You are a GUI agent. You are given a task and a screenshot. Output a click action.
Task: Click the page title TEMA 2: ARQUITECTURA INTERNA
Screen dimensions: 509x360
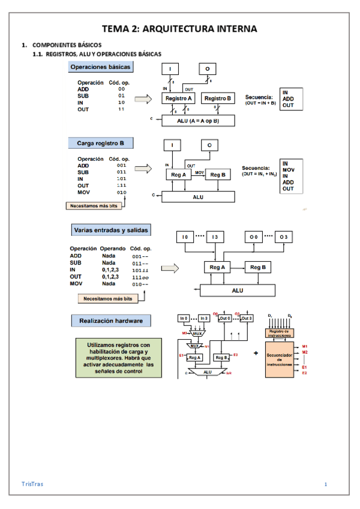(x=179, y=28)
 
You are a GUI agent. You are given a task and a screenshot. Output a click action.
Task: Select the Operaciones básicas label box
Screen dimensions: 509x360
(x=100, y=67)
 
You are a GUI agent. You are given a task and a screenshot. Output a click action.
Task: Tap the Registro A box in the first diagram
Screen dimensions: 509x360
(x=178, y=98)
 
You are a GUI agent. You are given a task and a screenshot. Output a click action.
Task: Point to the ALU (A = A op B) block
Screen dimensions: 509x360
(x=199, y=120)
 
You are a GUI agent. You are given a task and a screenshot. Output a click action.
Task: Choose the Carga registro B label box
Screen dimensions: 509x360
(x=100, y=143)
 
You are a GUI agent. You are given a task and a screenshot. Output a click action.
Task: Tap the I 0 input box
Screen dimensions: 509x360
(x=185, y=238)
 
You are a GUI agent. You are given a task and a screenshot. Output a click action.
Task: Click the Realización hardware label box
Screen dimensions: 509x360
(x=110, y=321)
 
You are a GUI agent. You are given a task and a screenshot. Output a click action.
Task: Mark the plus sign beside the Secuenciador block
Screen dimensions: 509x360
(x=256, y=354)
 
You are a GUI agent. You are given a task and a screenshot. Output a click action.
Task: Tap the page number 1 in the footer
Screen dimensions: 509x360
(x=325, y=484)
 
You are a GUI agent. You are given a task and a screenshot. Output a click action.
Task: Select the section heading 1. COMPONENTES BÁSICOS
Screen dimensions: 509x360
(x=62, y=45)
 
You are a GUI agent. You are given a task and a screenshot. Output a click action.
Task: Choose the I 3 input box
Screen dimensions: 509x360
(x=214, y=238)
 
